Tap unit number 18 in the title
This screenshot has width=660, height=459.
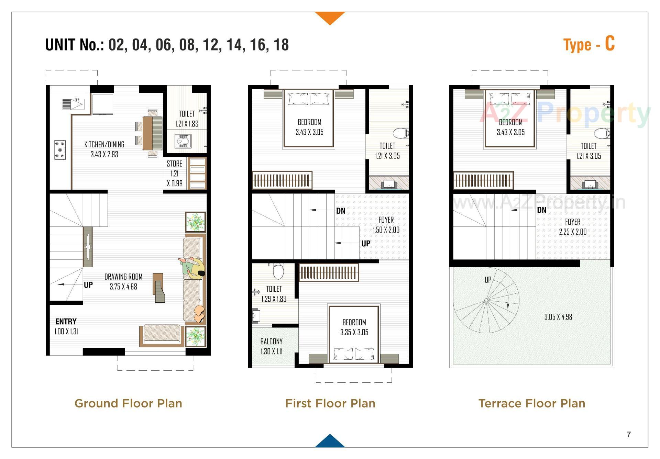point(281,45)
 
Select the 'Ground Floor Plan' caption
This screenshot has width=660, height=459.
point(128,403)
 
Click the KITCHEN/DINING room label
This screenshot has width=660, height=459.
point(104,145)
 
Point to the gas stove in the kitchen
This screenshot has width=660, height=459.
point(60,150)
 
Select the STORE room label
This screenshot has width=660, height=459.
point(174,164)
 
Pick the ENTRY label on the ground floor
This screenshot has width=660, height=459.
point(66,322)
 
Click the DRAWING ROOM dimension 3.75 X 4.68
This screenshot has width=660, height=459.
point(123,287)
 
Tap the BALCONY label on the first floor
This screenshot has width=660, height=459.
point(271,342)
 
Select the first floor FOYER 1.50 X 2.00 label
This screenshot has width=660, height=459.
point(386,225)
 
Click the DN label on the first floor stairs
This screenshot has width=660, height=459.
point(341,211)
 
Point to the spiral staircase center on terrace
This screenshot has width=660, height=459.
point(486,300)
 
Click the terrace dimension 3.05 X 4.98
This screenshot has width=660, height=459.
point(558,317)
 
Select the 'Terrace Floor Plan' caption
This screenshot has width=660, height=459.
point(531,403)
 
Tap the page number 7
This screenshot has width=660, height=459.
point(629,435)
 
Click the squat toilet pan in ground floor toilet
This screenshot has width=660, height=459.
point(183,141)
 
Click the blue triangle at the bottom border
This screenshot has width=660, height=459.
point(330,441)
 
